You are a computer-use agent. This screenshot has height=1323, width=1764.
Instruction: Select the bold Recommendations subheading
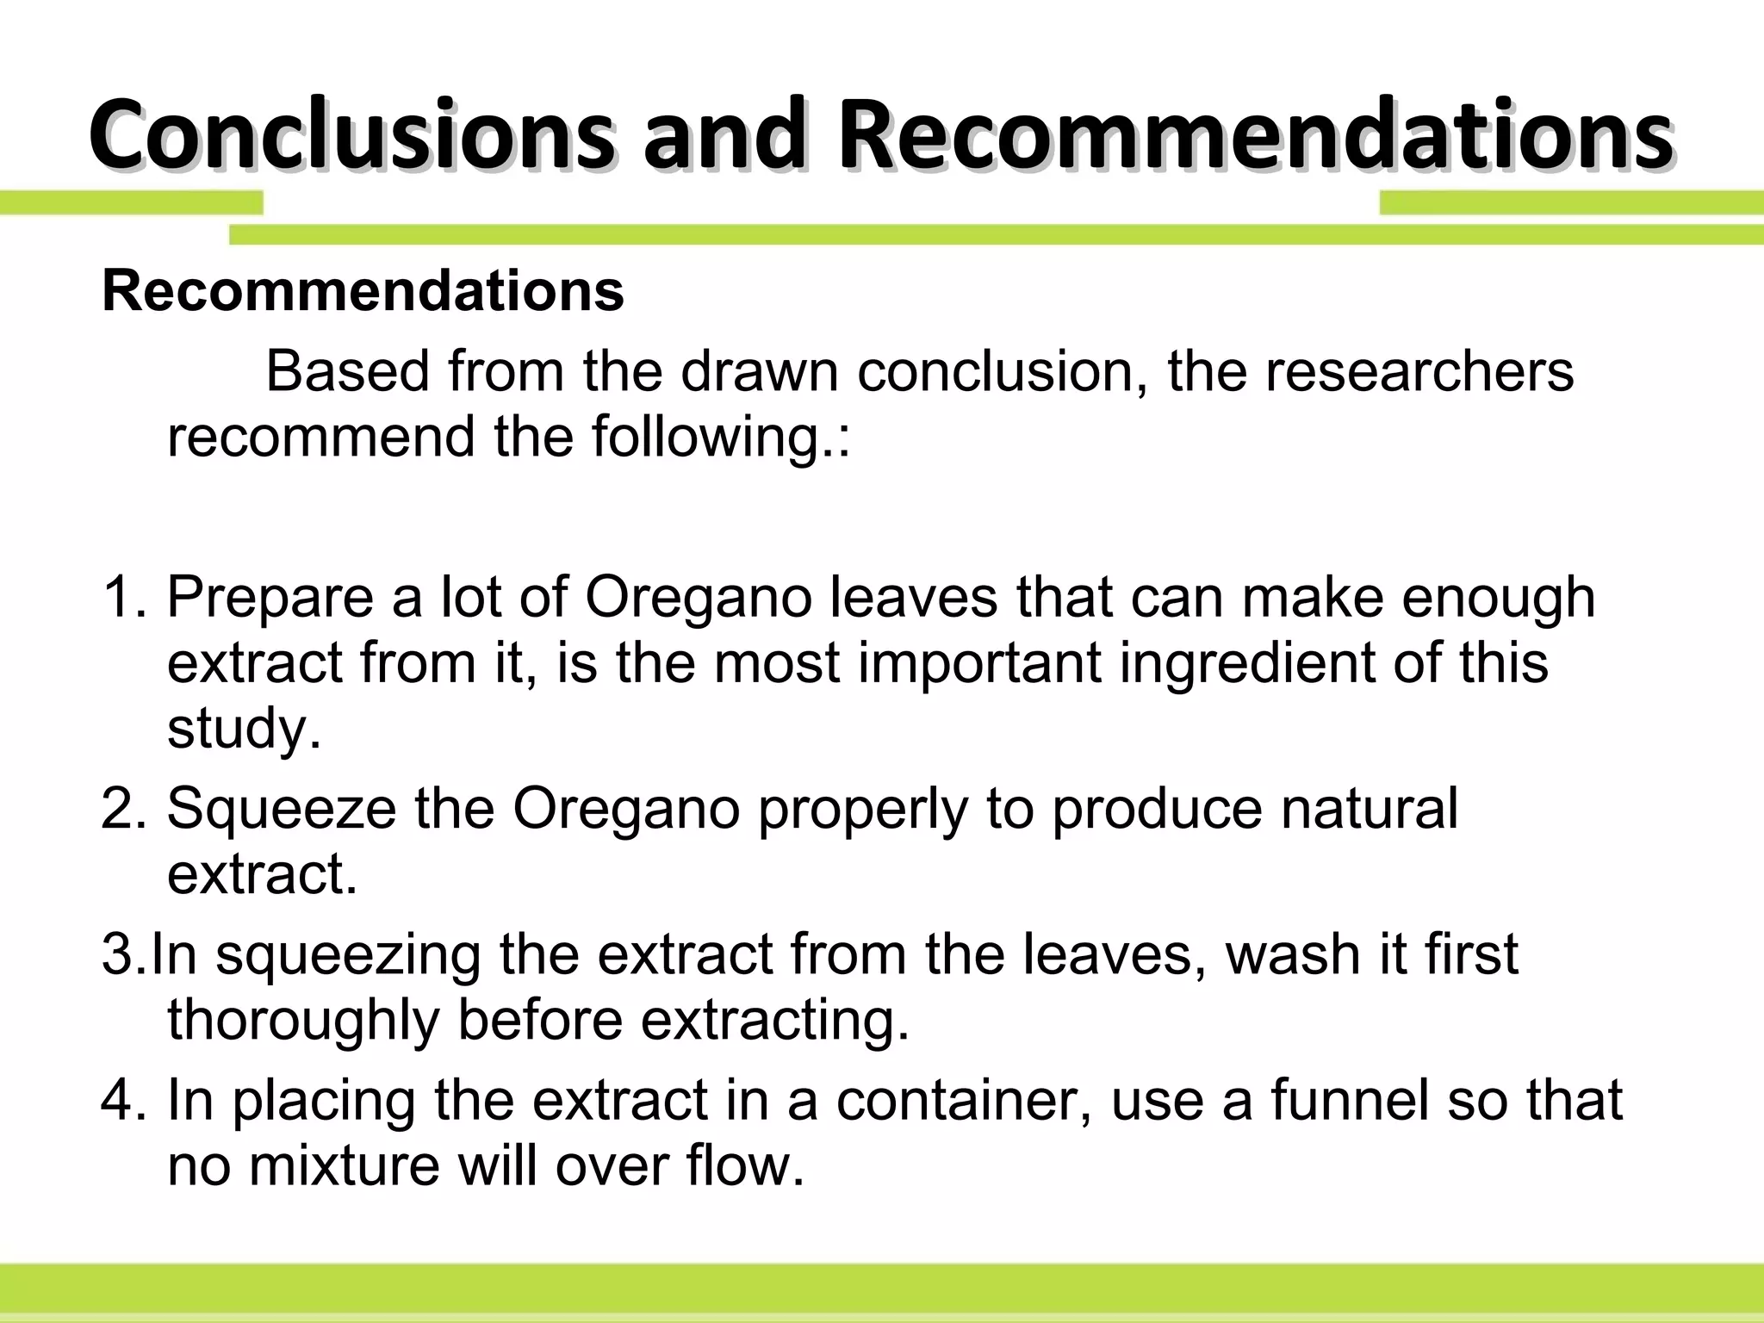[363, 291]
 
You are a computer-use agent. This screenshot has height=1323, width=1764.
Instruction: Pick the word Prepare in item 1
[270, 597]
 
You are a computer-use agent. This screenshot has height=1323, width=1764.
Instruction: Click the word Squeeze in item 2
[281, 809]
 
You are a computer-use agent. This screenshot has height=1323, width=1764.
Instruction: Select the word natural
[1370, 809]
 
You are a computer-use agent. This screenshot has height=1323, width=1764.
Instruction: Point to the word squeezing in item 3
[347, 954]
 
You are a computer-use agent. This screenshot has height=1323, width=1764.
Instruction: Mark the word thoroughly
[303, 1020]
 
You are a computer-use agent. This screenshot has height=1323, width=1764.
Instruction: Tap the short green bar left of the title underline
[131, 203]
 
